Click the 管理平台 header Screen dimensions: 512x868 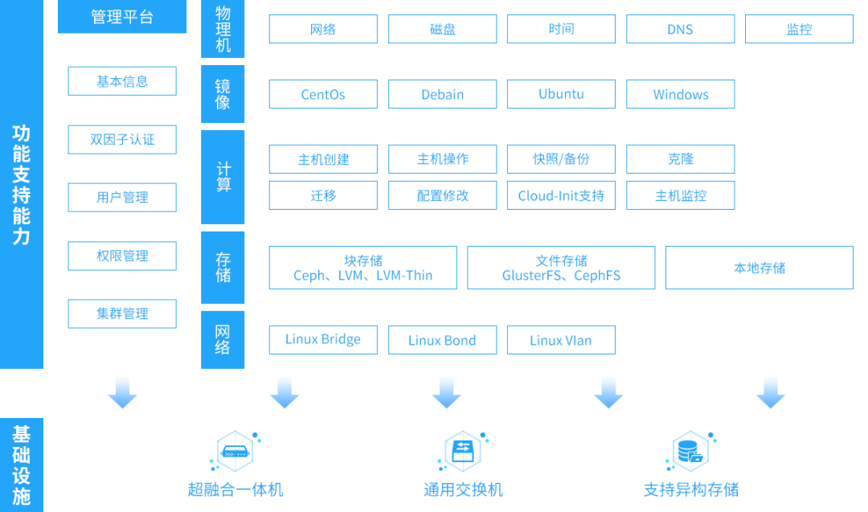[122, 17]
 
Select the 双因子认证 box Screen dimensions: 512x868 [122, 140]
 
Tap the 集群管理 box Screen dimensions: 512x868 [122, 313]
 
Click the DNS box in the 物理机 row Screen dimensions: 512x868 [680, 30]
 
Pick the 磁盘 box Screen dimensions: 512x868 [442, 30]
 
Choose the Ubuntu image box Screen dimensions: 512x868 [561, 94]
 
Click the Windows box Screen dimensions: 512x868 [680, 94]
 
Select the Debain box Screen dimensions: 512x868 [442, 94]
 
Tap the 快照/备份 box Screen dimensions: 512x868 [561, 159]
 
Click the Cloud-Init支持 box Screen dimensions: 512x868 [561, 195]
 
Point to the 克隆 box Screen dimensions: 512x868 [680, 159]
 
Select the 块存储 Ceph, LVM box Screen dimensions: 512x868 [362, 268]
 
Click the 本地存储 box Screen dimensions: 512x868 [759, 268]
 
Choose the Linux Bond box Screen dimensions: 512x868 [442, 340]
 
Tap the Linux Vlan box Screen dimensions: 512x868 [561, 340]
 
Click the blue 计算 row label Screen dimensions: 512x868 [223, 177]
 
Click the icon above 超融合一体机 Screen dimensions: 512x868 [235, 453]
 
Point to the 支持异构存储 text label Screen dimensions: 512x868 [690, 489]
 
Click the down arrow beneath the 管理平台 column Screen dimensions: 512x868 [122, 392]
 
